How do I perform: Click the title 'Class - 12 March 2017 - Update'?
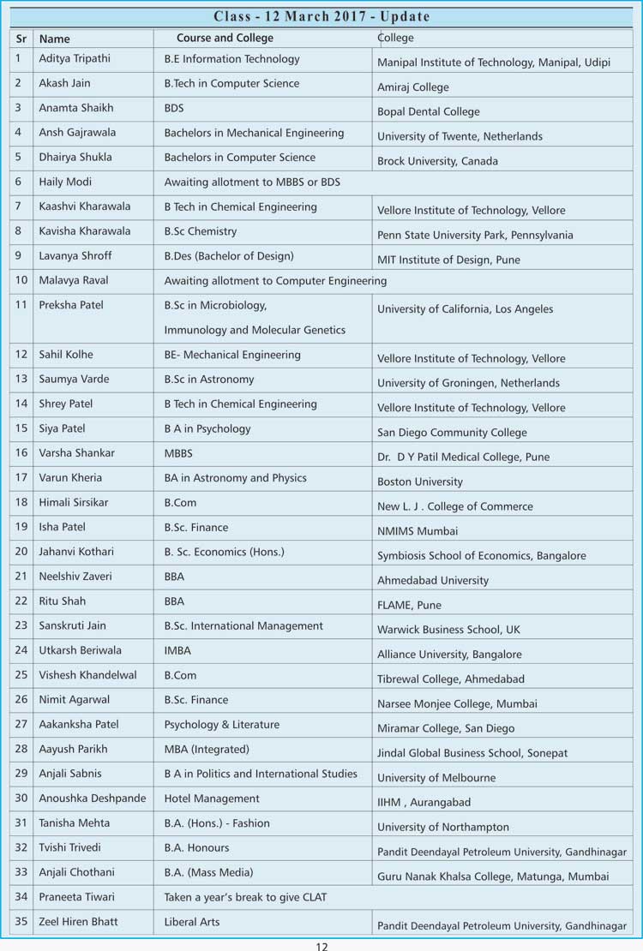pyautogui.click(x=321, y=16)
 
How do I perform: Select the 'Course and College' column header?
pyautogui.click(x=225, y=38)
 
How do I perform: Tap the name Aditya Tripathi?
pyautogui.click(x=75, y=59)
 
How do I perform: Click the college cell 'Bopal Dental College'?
pyautogui.click(x=429, y=111)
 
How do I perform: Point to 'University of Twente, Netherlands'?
pyautogui.click(x=460, y=136)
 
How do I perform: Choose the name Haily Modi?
pyautogui.click(x=65, y=182)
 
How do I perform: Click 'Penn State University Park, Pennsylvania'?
pyautogui.click(x=475, y=235)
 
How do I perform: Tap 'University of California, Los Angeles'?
pyautogui.click(x=466, y=309)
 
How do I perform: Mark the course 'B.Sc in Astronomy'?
pyautogui.click(x=209, y=379)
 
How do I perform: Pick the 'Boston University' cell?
pyautogui.click(x=420, y=481)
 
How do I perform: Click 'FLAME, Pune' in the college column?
pyautogui.click(x=410, y=605)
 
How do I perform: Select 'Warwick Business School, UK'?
pyautogui.click(x=448, y=630)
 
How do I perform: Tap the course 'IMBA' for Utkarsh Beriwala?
pyautogui.click(x=177, y=650)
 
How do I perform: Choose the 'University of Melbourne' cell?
pyautogui.click(x=436, y=778)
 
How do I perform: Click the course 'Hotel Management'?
pyautogui.click(x=212, y=798)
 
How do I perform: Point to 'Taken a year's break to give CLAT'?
pyautogui.click(x=245, y=897)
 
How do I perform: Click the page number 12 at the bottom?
pyautogui.click(x=321, y=946)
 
